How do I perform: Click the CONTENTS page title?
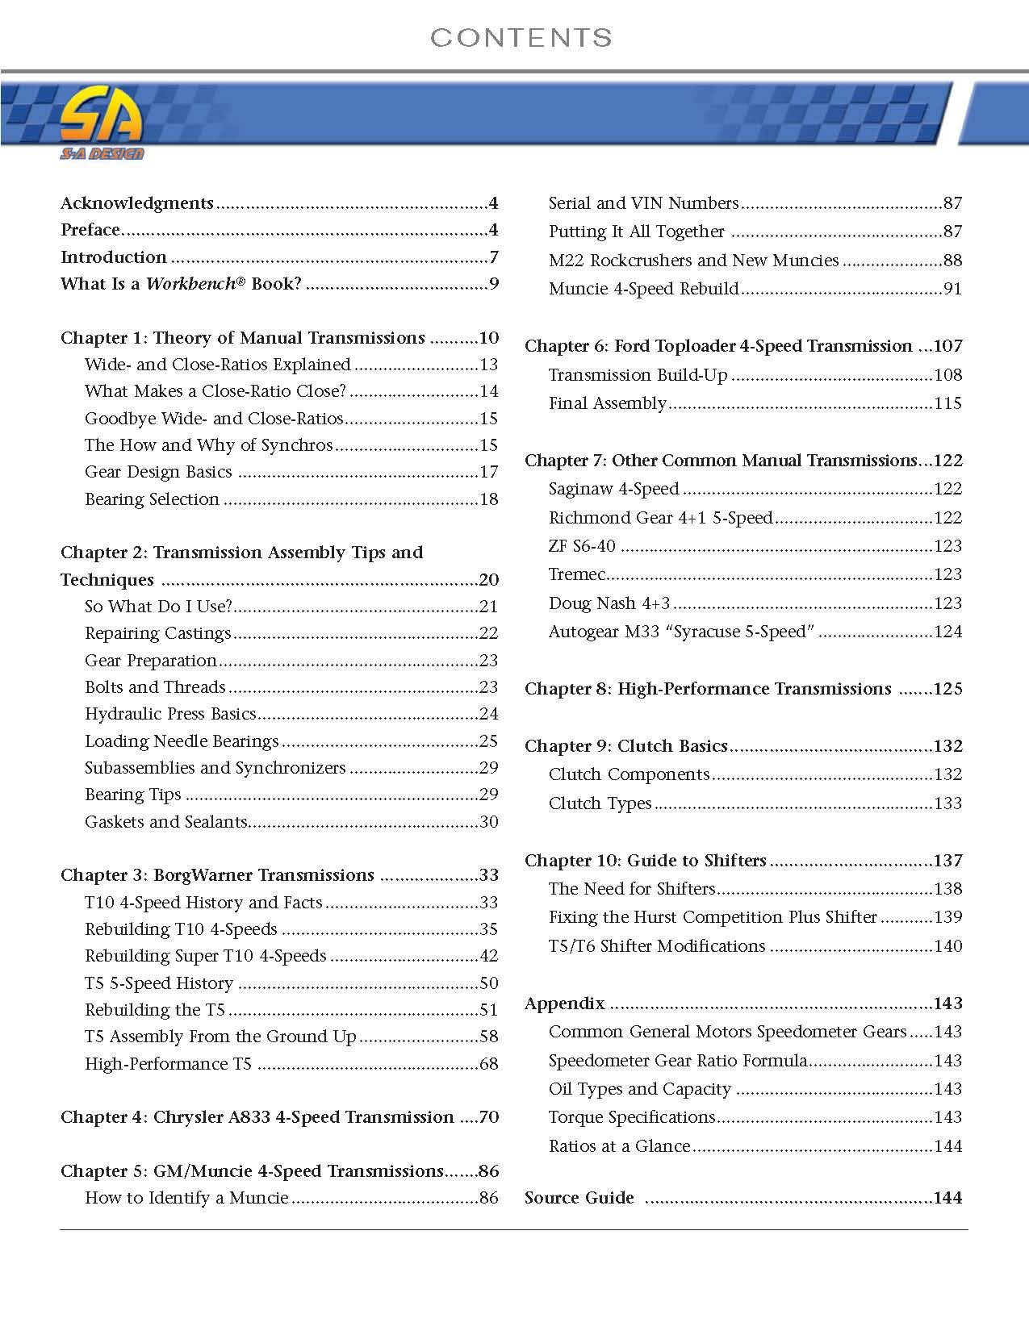pyautogui.click(x=521, y=37)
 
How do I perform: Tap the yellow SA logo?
pyautogui.click(x=102, y=119)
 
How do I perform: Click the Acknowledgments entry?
pyautogui.click(x=137, y=203)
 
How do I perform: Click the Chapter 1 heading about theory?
pyautogui.click(x=243, y=338)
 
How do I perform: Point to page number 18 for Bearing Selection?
pyautogui.click(x=488, y=499)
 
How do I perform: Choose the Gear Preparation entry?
pyautogui.click(x=151, y=661)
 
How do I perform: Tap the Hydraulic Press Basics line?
pyautogui.click(x=170, y=714)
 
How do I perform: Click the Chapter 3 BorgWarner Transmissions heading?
pyautogui.click(x=217, y=875)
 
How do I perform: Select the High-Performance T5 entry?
pyautogui.click(x=169, y=1064)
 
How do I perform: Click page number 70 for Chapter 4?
pyautogui.click(x=488, y=1117)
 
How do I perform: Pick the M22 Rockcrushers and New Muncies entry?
pyautogui.click(x=693, y=261)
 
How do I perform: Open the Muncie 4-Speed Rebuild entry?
pyautogui.click(x=643, y=289)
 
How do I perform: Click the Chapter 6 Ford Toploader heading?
pyautogui.click(x=718, y=346)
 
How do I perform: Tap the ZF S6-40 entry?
pyautogui.click(x=582, y=546)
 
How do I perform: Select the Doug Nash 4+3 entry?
pyautogui.click(x=609, y=603)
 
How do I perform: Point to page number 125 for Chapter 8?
pyautogui.click(x=947, y=689)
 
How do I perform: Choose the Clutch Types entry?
pyautogui.click(x=600, y=803)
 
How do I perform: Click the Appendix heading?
pyautogui.click(x=564, y=1003)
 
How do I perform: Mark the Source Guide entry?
pyautogui.click(x=579, y=1198)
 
